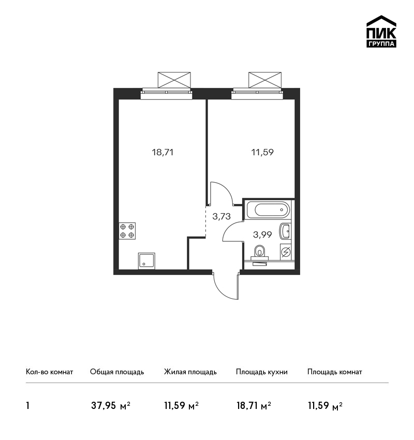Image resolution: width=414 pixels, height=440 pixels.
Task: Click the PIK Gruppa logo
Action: [x=381, y=32]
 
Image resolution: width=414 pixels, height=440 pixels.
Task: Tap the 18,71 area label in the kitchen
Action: [x=162, y=152]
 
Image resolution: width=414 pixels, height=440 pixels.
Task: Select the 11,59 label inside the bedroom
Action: [x=262, y=152]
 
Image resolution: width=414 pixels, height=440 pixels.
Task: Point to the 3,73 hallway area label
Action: [x=221, y=216]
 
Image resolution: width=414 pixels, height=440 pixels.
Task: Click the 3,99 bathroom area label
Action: [x=262, y=234]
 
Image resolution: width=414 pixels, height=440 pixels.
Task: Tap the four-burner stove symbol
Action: [x=127, y=231]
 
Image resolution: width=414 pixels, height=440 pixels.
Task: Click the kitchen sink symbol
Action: [x=146, y=261]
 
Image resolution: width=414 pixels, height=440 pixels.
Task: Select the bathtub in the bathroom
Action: [x=268, y=210]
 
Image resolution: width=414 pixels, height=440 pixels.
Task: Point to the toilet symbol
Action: [x=260, y=252]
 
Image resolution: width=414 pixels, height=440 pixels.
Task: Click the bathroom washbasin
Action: [x=285, y=231]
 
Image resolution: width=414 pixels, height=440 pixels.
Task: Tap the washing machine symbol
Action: [x=286, y=252]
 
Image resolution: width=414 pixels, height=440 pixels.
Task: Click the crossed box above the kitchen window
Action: [x=174, y=80]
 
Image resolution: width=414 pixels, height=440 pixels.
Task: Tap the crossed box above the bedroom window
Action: [x=265, y=80]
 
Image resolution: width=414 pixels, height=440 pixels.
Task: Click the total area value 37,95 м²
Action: [x=111, y=406]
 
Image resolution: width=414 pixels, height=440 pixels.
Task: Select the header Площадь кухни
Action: [x=262, y=372]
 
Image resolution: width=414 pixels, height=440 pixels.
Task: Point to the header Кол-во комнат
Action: [x=49, y=372]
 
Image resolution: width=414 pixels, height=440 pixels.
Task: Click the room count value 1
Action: [x=27, y=406]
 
